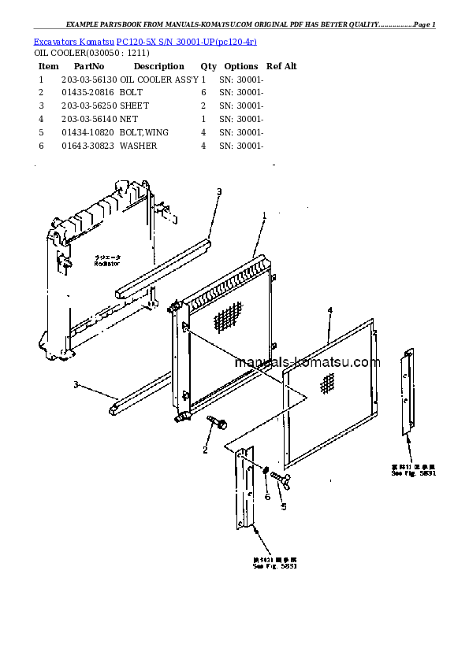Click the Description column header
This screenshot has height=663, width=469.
158,67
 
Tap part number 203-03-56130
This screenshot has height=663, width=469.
90,80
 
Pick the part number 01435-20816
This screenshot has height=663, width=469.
87,93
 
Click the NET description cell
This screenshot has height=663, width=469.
128,119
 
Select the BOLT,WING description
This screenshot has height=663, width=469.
144,132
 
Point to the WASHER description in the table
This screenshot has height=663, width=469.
139,146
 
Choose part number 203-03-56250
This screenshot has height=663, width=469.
90,106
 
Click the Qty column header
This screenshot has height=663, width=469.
208,67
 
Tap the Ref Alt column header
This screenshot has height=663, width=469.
281,67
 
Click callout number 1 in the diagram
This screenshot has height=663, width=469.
265,215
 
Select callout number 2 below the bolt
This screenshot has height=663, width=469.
205,450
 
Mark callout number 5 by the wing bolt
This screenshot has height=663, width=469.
284,506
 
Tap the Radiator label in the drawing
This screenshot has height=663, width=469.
106,264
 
